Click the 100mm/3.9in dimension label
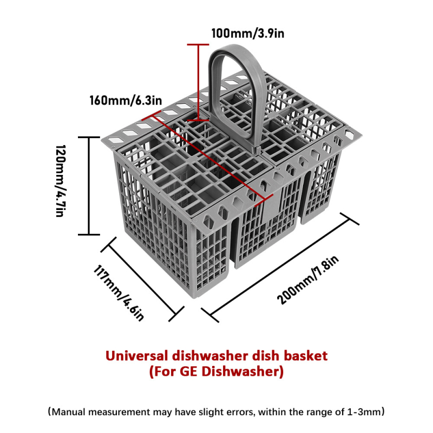(248, 34)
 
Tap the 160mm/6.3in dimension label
(126, 100)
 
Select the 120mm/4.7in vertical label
(61, 181)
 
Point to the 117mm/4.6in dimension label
(119, 293)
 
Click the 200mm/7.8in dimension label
(307, 280)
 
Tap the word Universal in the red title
(136, 356)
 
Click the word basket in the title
(306, 356)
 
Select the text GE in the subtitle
(188, 371)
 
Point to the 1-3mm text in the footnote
(364, 412)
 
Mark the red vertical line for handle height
(198, 82)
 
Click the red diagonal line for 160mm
(207, 158)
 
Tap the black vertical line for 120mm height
(89, 186)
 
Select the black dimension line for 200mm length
(280, 267)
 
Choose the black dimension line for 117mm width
(142, 279)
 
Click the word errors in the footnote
(239, 412)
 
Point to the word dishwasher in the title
(210, 356)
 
